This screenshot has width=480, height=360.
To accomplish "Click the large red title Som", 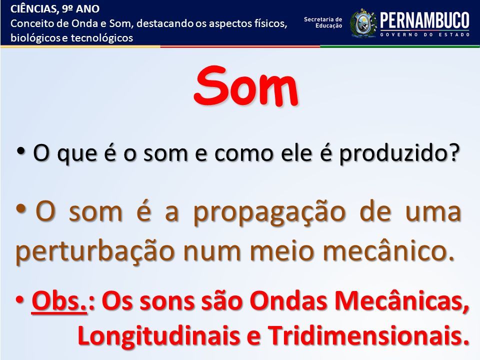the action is [x=246, y=85].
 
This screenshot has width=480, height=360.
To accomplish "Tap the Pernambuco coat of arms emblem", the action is [x=363, y=23].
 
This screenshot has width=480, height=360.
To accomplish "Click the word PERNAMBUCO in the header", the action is [x=424, y=20].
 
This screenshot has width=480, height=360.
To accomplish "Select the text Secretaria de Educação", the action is [x=323, y=22].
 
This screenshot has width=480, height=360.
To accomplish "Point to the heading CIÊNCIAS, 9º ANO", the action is [x=55, y=9].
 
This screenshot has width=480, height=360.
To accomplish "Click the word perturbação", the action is [x=95, y=252].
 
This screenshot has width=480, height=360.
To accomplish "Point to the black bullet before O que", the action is [x=21, y=150].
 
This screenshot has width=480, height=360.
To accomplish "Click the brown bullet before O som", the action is [x=21, y=209].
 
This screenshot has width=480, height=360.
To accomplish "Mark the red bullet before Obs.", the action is [x=20, y=299].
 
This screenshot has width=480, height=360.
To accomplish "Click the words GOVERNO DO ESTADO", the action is [x=425, y=34].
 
